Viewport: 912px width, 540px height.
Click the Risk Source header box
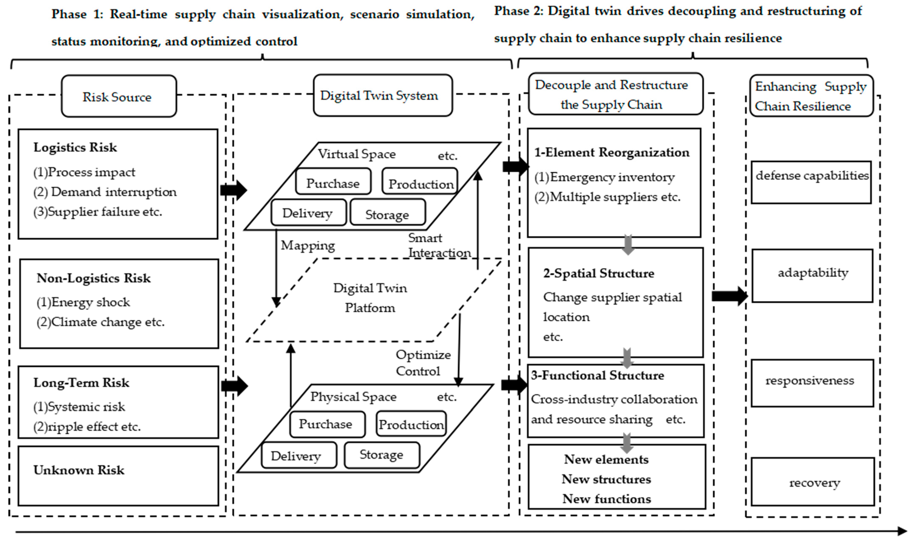pos(119,96)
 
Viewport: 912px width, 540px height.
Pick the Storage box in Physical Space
pos(382,455)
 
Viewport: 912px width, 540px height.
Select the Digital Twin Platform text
pos(370,298)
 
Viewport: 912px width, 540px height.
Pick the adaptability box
pos(812,275)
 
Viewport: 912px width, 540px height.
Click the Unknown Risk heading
pos(79,470)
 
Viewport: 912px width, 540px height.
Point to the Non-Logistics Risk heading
pos(94,278)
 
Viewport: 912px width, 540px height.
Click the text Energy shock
pos(90,302)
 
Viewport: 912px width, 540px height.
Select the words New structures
pos(606,479)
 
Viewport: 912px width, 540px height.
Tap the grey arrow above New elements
pos(626,442)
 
